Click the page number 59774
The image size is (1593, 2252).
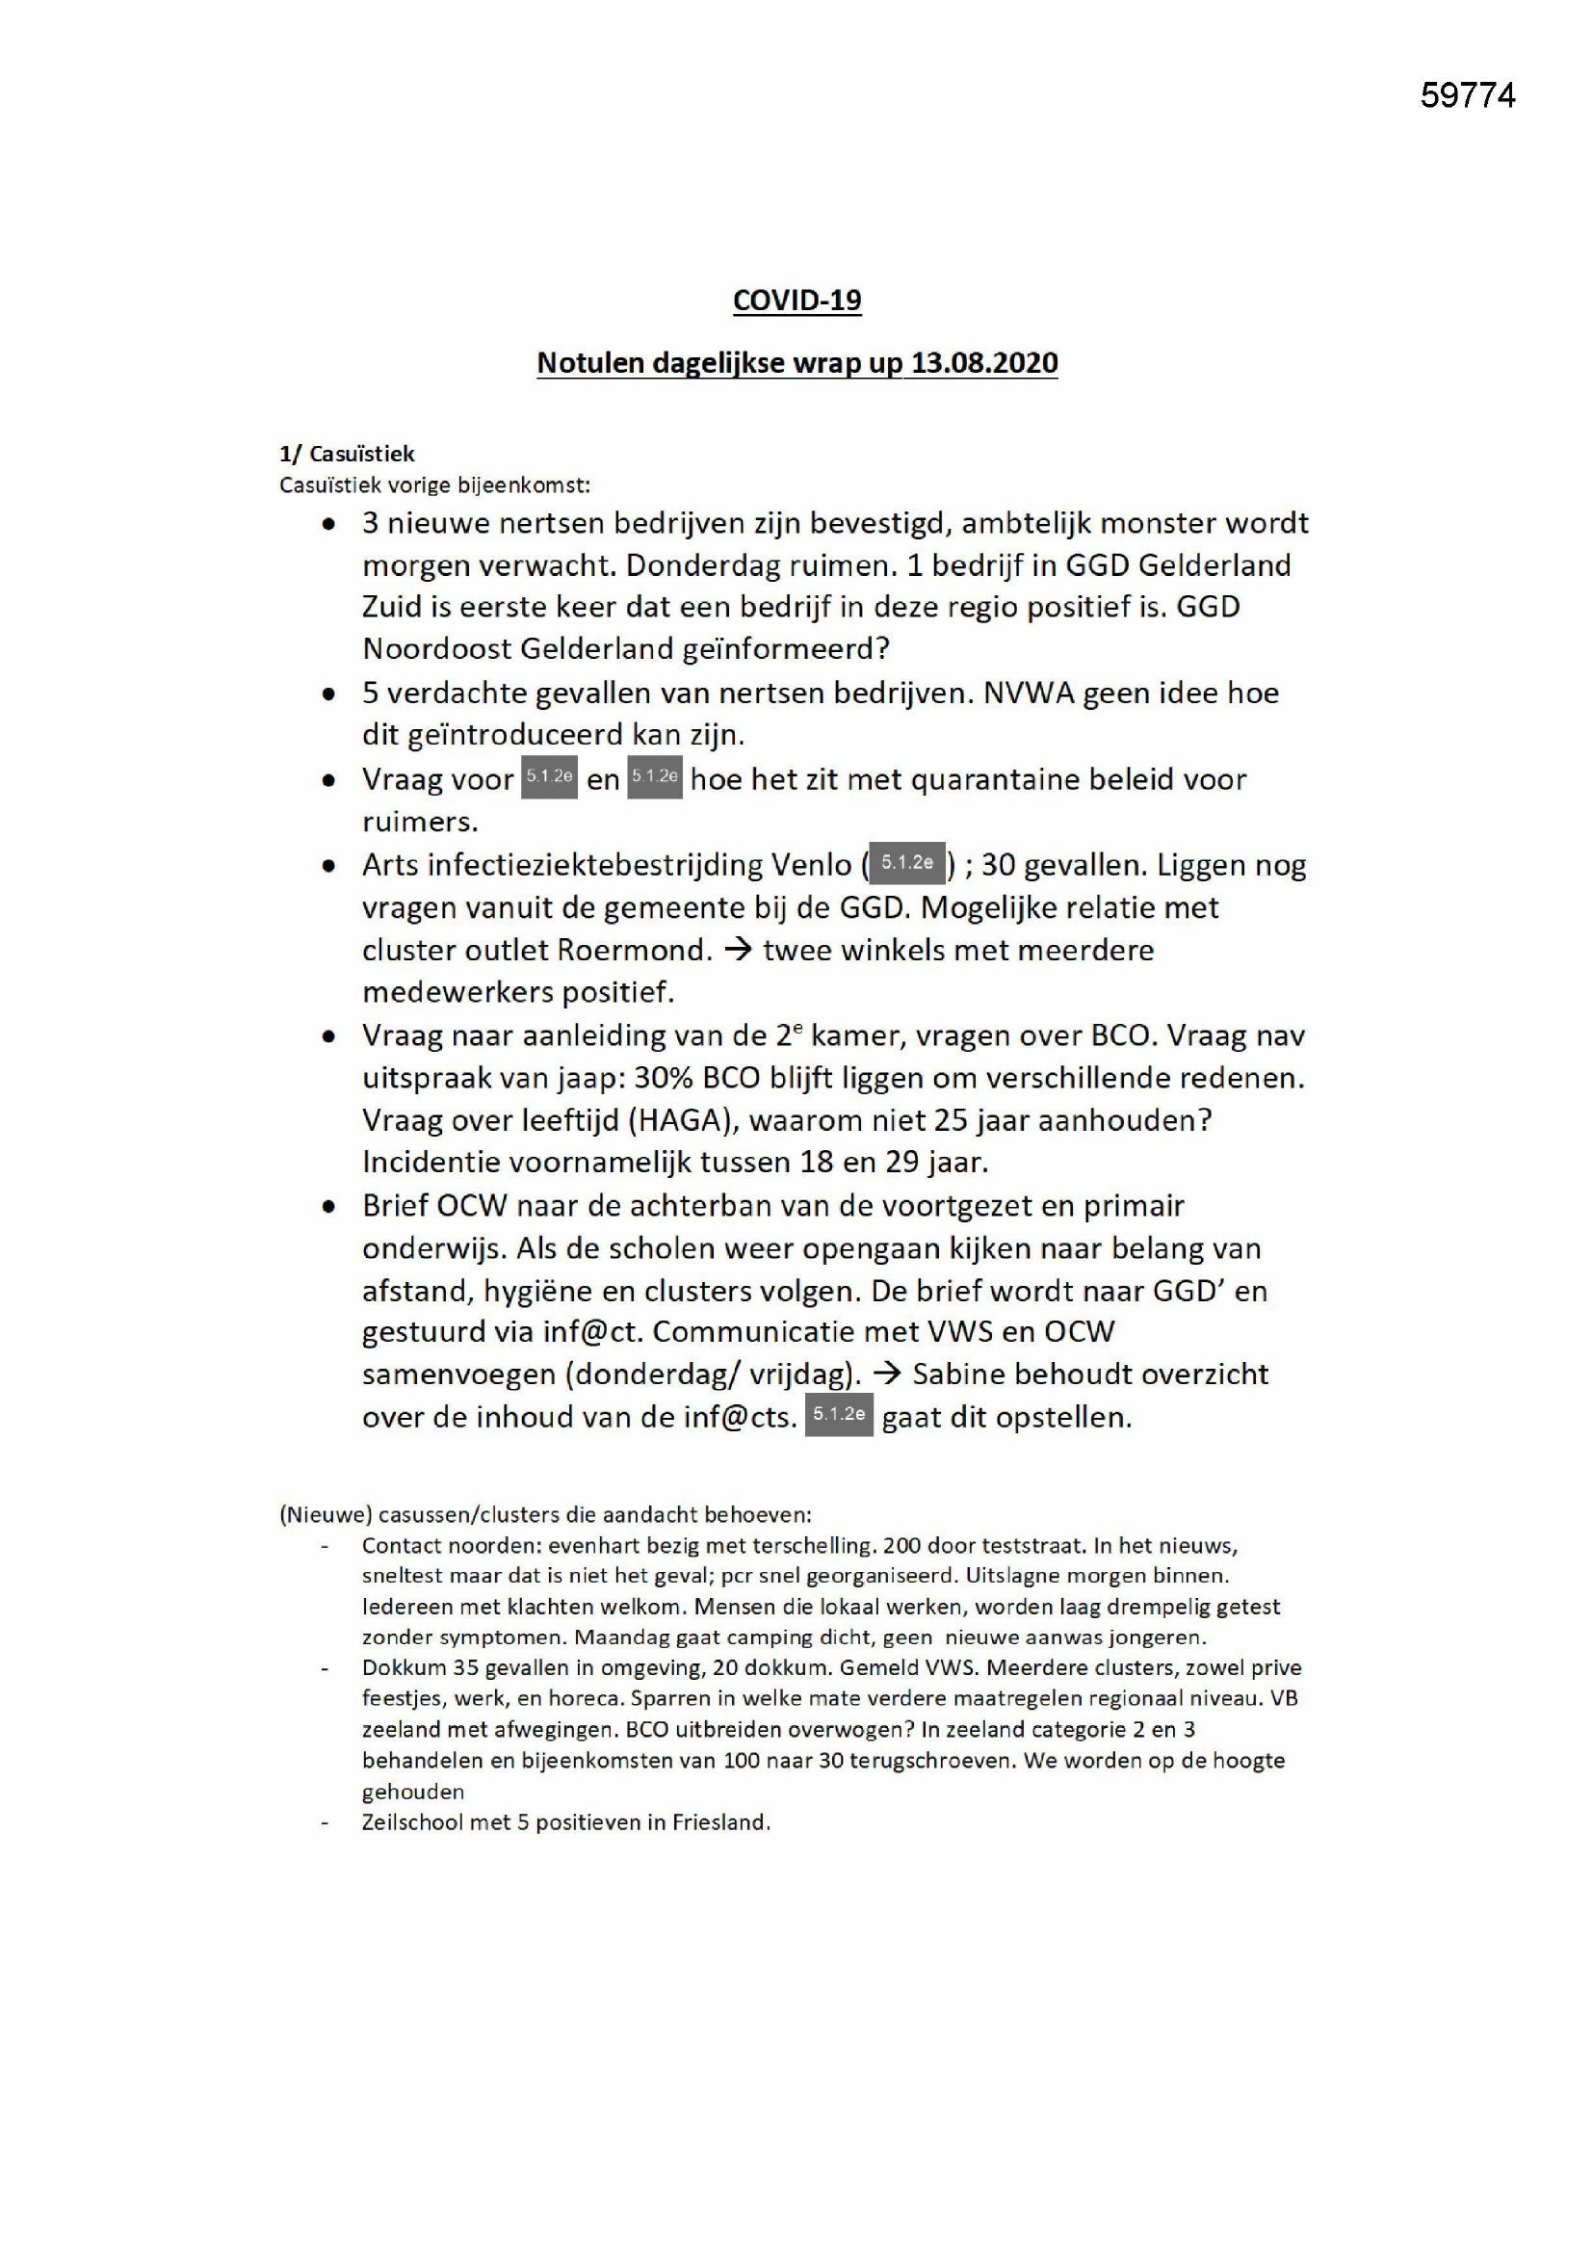tap(1468, 95)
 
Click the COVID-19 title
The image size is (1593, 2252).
tap(796, 301)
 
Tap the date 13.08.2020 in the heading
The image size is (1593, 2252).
tap(984, 363)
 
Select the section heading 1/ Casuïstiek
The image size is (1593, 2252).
tap(348, 453)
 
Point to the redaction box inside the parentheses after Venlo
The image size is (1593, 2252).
tap(906, 863)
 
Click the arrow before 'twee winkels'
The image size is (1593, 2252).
tap(737, 950)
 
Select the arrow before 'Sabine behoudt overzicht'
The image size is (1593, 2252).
tap(887, 1374)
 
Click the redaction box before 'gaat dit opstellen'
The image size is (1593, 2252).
tap(839, 1414)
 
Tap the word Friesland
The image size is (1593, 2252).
tap(719, 1822)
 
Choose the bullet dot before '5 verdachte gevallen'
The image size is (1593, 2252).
tap(329, 694)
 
